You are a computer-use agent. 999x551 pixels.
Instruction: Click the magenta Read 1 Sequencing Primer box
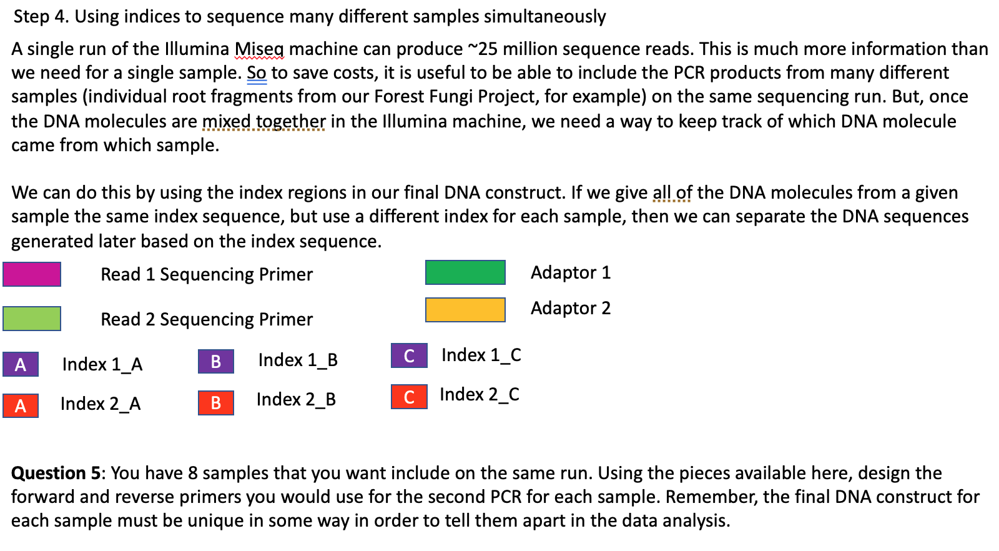32,274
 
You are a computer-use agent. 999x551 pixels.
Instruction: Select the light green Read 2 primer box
32,319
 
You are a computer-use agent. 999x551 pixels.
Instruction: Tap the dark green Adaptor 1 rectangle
465,272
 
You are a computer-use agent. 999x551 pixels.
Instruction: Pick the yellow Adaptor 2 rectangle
465,310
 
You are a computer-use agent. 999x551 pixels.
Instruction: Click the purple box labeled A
21,364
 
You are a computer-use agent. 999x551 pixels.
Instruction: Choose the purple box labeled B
216,361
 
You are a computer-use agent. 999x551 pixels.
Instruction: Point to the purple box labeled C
409,355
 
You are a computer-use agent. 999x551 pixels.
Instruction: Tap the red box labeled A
21,405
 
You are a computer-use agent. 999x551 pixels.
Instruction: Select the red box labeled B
216,402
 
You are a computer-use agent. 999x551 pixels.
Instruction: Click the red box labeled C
409,397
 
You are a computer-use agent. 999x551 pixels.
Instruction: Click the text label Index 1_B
298,360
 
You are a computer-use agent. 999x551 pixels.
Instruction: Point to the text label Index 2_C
479,394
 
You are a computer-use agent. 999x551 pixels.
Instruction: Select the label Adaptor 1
570,272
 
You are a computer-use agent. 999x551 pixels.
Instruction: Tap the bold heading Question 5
56,473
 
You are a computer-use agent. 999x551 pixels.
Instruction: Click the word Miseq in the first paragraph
258,49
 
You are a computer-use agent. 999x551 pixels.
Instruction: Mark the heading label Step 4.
41,16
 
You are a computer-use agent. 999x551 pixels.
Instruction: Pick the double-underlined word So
257,73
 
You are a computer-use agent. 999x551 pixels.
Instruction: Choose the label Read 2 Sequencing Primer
207,319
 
